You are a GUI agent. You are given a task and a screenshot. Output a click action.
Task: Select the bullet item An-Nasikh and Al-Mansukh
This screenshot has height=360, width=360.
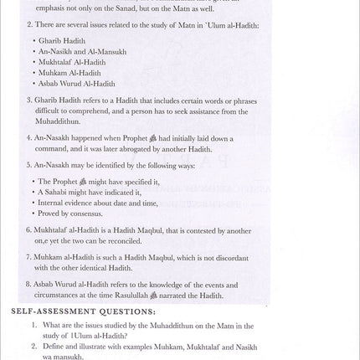pos(83,51)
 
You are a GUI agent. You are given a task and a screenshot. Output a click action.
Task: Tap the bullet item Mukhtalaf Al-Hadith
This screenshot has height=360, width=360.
pos(74,62)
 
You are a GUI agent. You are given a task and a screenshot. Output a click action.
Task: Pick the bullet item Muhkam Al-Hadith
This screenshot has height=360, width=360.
pos(70,73)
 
